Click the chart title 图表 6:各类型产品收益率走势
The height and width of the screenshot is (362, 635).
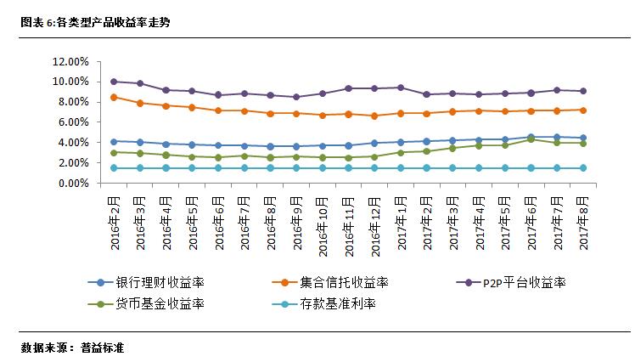click(x=96, y=23)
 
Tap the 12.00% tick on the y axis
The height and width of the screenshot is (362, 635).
click(x=70, y=62)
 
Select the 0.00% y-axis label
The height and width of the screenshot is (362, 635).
click(x=73, y=184)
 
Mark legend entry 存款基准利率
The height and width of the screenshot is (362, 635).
click(x=340, y=303)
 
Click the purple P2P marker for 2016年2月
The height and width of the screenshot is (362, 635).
click(x=115, y=82)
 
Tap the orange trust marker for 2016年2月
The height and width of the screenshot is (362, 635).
click(x=115, y=98)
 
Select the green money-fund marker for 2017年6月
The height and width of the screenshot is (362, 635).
click(x=531, y=139)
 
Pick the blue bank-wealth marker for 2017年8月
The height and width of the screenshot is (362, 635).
click(x=583, y=138)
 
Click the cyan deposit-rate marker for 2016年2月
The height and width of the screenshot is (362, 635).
click(x=115, y=168)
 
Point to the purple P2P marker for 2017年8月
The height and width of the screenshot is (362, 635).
click(x=583, y=91)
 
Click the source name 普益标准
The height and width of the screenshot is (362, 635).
click(x=102, y=348)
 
